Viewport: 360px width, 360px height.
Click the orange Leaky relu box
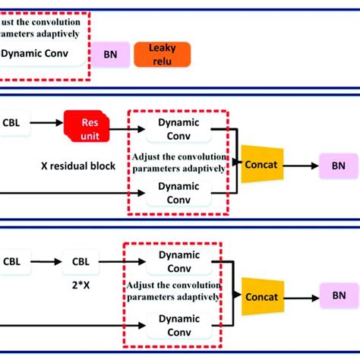[162, 54]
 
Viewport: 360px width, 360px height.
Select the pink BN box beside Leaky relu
[111, 55]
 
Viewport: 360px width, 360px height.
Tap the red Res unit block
[87, 126]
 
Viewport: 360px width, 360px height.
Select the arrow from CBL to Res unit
[45, 122]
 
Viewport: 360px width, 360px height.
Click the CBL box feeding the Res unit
[12, 122]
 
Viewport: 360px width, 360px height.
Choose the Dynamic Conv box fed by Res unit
[178, 128]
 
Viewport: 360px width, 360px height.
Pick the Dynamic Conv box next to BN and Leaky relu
[38, 55]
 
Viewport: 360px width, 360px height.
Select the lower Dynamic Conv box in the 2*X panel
[178, 324]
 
